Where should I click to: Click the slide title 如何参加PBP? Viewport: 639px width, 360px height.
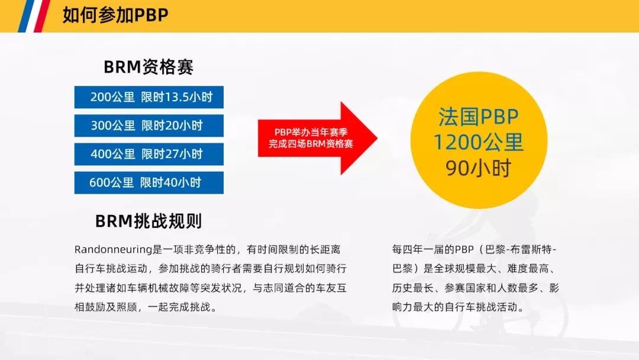click(115, 15)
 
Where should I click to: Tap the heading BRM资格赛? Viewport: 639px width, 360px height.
click(149, 67)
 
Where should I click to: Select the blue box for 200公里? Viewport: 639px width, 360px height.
click(149, 97)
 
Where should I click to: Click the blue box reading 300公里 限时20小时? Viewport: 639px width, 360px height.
click(149, 126)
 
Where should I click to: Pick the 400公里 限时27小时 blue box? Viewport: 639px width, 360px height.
click(149, 154)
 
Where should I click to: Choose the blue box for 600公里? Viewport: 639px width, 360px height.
click(149, 182)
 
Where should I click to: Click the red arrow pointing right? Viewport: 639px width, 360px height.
click(318, 138)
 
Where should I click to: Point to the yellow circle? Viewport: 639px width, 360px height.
click(479, 140)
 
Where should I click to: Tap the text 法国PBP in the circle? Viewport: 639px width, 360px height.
click(479, 117)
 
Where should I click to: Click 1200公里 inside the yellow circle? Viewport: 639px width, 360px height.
click(479, 142)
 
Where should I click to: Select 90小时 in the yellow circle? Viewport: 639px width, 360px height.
click(479, 168)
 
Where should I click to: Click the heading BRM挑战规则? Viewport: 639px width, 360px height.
click(149, 221)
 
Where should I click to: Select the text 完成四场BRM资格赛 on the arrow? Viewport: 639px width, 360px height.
click(311, 144)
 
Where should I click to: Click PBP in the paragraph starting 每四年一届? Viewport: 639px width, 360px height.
click(464, 249)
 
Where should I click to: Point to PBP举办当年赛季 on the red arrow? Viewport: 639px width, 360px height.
click(311, 132)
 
